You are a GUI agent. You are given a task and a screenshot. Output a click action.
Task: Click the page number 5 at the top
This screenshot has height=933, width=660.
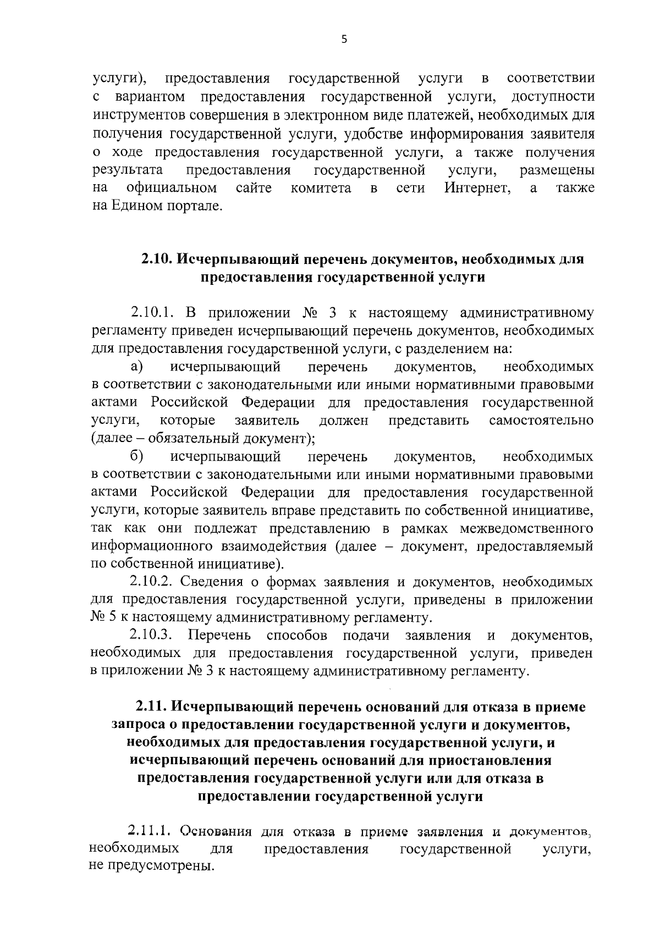(x=344, y=39)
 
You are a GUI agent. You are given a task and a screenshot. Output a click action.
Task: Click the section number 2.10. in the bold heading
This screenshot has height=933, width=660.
(x=157, y=260)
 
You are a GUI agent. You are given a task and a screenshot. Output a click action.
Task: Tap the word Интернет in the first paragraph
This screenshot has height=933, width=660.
(x=477, y=188)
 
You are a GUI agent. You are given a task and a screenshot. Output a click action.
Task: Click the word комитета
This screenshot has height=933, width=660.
(x=321, y=188)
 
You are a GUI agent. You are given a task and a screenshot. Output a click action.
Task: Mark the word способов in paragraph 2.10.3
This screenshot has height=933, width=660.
(x=297, y=636)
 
